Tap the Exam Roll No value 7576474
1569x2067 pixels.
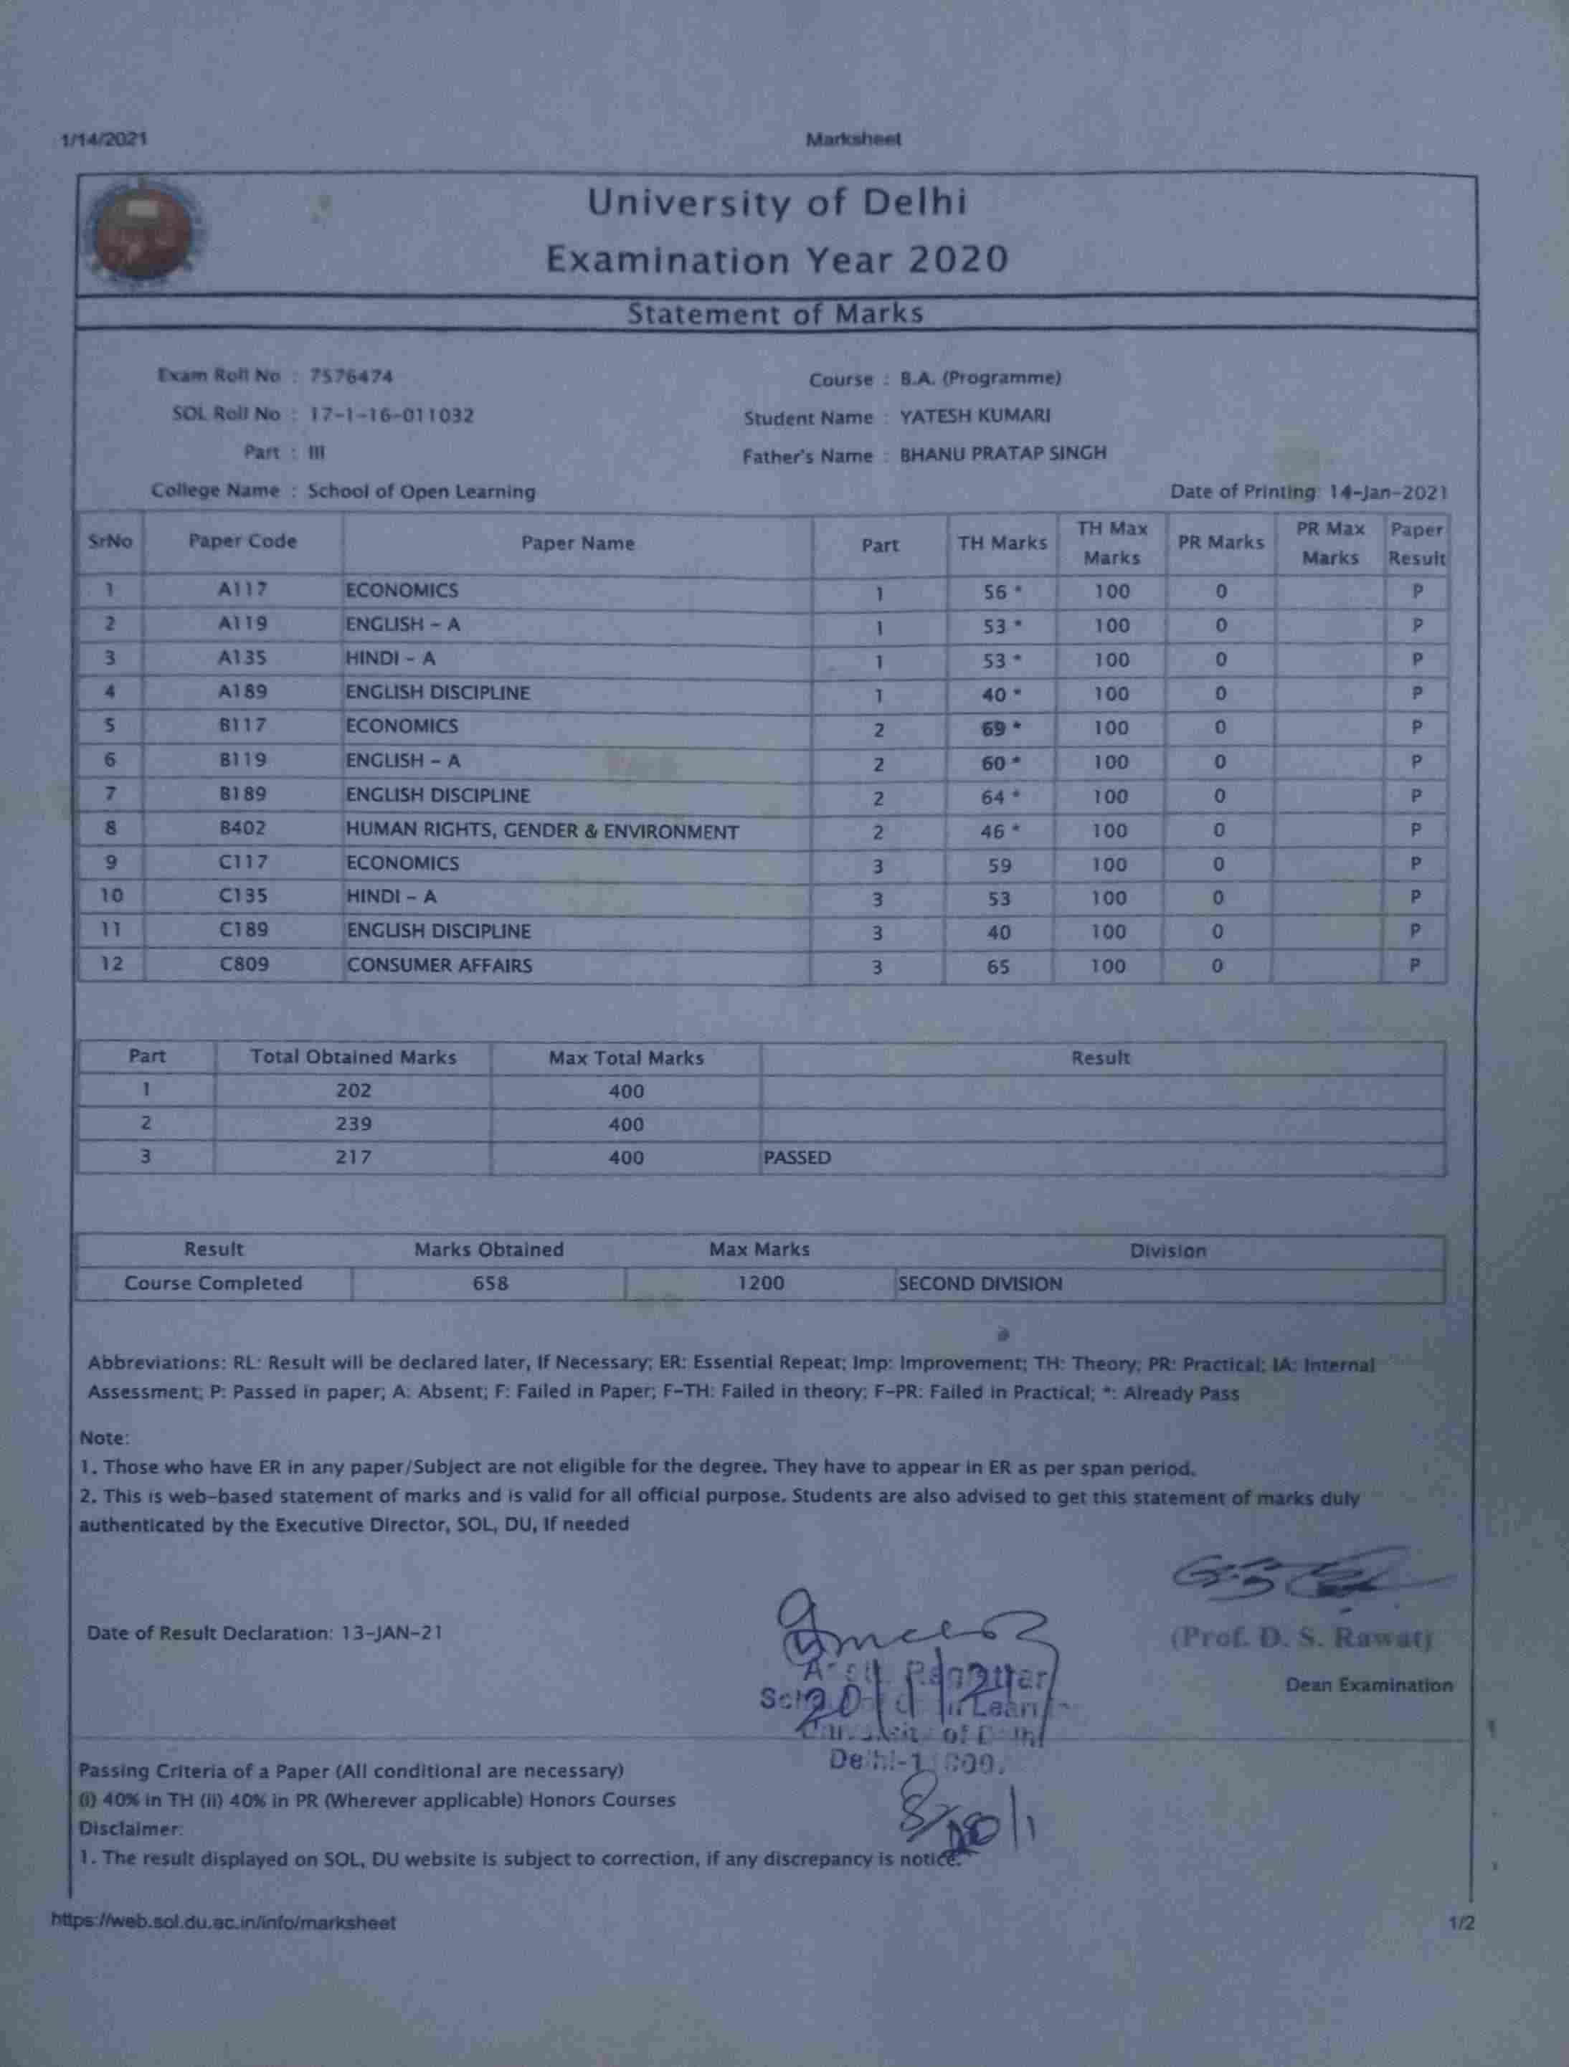coord(351,376)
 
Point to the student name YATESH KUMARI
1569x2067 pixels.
coord(975,416)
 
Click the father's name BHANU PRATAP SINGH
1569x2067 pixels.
coord(1002,454)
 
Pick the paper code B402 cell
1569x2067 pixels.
coord(243,829)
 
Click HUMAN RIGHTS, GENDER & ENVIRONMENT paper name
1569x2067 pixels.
coord(542,832)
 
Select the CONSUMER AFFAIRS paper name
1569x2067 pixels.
coord(439,965)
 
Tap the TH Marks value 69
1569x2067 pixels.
coord(995,729)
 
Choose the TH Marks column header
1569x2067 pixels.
coord(1002,543)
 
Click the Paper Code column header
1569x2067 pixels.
coord(242,542)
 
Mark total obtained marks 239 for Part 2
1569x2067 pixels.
coord(354,1124)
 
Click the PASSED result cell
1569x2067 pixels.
coord(797,1158)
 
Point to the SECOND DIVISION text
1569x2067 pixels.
coord(980,1284)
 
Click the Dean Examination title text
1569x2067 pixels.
coord(1368,1686)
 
